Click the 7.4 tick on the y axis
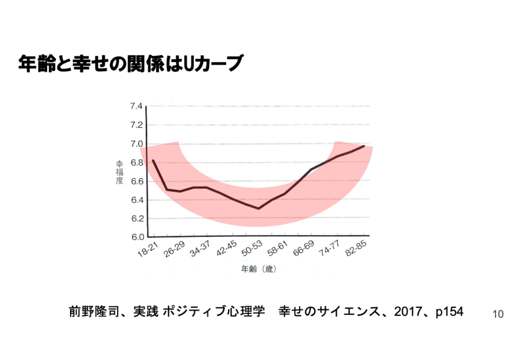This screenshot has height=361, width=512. [x=136, y=106]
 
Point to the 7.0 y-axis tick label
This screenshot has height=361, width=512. [x=136, y=144]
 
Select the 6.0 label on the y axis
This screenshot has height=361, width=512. [x=136, y=237]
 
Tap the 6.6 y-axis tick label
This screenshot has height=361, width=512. [x=136, y=181]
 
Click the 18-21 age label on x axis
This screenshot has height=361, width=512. [x=148, y=248]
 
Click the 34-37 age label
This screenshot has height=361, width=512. [x=201, y=248]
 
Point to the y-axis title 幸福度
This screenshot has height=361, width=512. [x=119, y=172]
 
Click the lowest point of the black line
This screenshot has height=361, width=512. [x=258, y=208]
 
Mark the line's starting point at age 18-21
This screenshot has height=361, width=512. [x=153, y=160]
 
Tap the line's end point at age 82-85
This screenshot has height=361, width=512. [x=364, y=146]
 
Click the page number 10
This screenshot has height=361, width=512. [x=497, y=314]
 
